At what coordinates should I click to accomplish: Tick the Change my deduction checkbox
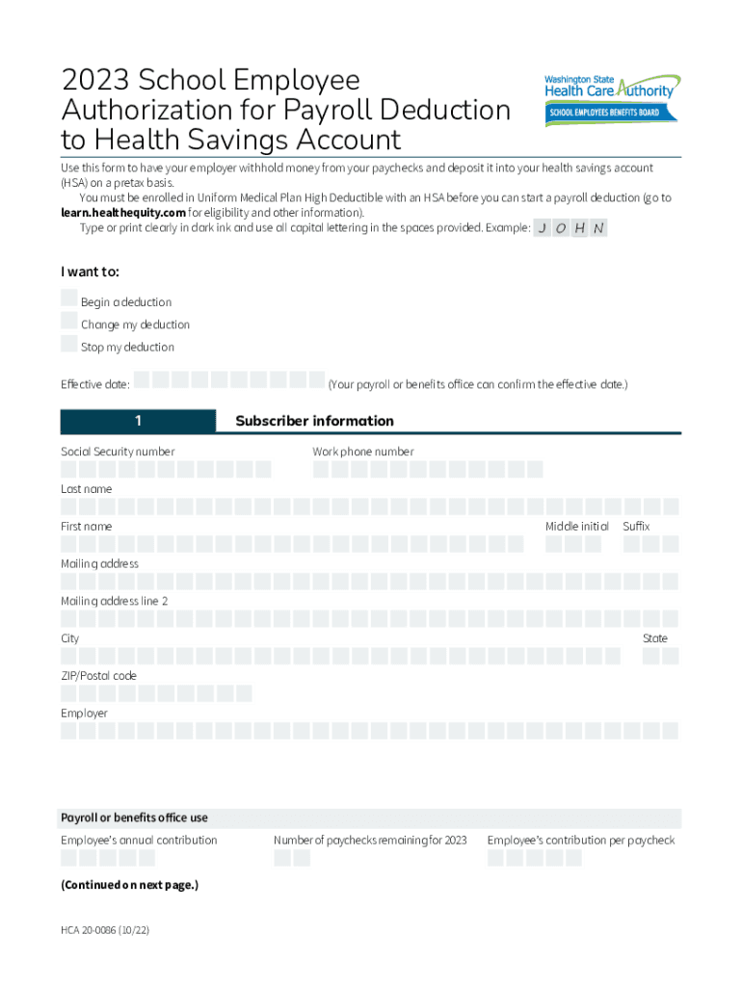coord(69,321)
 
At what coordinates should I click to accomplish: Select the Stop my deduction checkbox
coord(69,344)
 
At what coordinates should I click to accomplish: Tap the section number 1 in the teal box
coord(139,421)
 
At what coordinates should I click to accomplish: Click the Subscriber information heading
coord(314,421)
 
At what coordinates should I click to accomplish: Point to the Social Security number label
coord(118,452)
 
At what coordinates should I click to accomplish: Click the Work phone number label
coord(363,452)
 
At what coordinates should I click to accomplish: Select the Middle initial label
coord(576,527)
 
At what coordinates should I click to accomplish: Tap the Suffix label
coord(636,527)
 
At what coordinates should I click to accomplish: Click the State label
coord(655,638)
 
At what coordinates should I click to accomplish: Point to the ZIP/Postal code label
coord(98,676)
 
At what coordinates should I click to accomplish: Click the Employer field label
coord(84,714)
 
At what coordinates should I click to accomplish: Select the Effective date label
coord(95,384)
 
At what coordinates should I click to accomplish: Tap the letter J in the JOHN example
coord(543,228)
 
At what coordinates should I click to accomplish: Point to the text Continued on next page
coord(130,885)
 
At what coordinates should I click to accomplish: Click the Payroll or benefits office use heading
coord(134,817)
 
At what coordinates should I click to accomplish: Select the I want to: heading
coord(91,272)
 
